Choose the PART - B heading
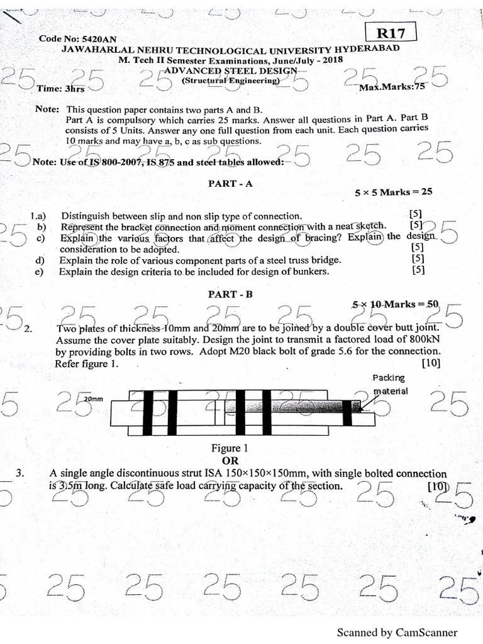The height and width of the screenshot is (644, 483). [230, 294]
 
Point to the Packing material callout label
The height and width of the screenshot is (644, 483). [389, 384]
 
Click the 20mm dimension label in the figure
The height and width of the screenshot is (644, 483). [93, 399]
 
